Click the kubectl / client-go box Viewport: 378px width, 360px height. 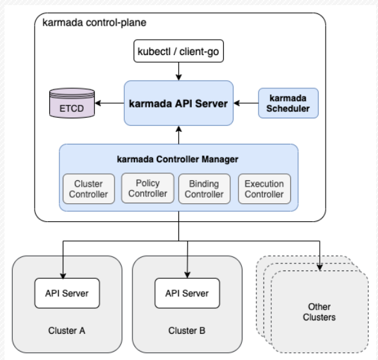pyautogui.click(x=178, y=51)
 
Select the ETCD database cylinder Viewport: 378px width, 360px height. pyautogui.click(x=72, y=103)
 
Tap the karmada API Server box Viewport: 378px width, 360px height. pyautogui.click(x=178, y=103)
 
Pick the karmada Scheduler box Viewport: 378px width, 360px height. pyautogui.click(x=288, y=103)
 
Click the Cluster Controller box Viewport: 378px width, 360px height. pyautogui.click(x=89, y=189)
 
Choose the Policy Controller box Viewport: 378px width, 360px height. pyautogui.click(x=148, y=188)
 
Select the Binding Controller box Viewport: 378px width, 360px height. pyautogui.click(x=205, y=189)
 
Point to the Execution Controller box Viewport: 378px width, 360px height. pyautogui.click(x=264, y=189)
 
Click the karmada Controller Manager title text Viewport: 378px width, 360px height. pyautogui.click(x=177, y=159)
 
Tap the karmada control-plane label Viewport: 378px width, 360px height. pyautogui.click(x=94, y=22)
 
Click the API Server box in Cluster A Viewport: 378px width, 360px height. pyautogui.click(x=67, y=293)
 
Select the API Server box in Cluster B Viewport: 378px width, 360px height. pyautogui.click(x=187, y=293)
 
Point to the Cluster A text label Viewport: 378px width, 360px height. pyautogui.click(x=67, y=331)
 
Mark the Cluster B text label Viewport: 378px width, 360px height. pyautogui.click(x=187, y=331)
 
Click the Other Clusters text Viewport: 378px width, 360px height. pyautogui.click(x=319, y=312)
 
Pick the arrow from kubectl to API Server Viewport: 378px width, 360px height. pyautogui.click(x=178, y=72)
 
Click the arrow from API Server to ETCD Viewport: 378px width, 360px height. pyautogui.click(x=109, y=103)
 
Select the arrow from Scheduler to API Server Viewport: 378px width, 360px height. pyautogui.click(x=246, y=103)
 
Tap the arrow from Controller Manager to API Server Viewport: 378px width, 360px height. pyautogui.click(x=178, y=135)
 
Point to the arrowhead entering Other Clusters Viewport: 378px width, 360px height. pyautogui.click(x=320, y=267)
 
